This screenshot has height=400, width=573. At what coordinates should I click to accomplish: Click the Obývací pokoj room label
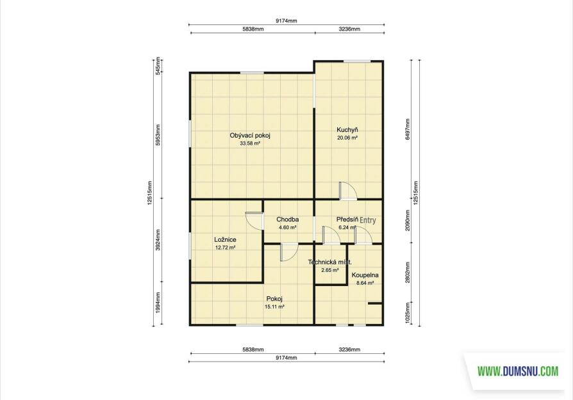pyautogui.click(x=250, y=136)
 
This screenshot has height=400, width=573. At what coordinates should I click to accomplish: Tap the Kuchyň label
pyautogui.click(x=347, y=130)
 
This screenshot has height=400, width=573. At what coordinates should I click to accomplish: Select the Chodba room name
pyautogui.click(x=288, y=220)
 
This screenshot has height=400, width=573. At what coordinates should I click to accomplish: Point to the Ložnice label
pyautogui.click(x=225, y=240)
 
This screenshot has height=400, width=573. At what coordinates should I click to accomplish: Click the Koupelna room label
pyautogui.click(x=365, y=275)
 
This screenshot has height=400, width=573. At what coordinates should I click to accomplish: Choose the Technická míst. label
pyautogui.click(x=330, y=262)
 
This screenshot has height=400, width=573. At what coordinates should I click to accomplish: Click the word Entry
pyautogui.click(x=368, y=220)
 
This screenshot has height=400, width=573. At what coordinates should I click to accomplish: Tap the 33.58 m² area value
pyautogui.click(x=250, y=144)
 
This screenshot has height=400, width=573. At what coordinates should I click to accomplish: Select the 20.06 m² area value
pyautogui.click(x=347, y=138)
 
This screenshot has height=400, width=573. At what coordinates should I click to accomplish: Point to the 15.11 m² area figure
pyautogui.click(x=274, y=307)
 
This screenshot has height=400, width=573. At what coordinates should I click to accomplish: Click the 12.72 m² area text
pyautogui.click(x=225, y=248)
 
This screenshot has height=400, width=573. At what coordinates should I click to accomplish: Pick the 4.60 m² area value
pyautogui.click(x=288, y=227)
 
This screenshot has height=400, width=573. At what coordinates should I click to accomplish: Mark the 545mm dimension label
pyautogui.click(x=158, y=66)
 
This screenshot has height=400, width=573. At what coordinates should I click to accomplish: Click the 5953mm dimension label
pyautogui.click(x=158, y=136)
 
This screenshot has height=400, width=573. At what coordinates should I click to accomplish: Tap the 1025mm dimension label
pyautogui.click(x=408, y=313)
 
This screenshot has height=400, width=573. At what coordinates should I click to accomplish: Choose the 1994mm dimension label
pyautogui.click(x=158, y=303)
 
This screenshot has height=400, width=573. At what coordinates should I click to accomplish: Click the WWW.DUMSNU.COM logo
pyautogui.click(x=518, y=372)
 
